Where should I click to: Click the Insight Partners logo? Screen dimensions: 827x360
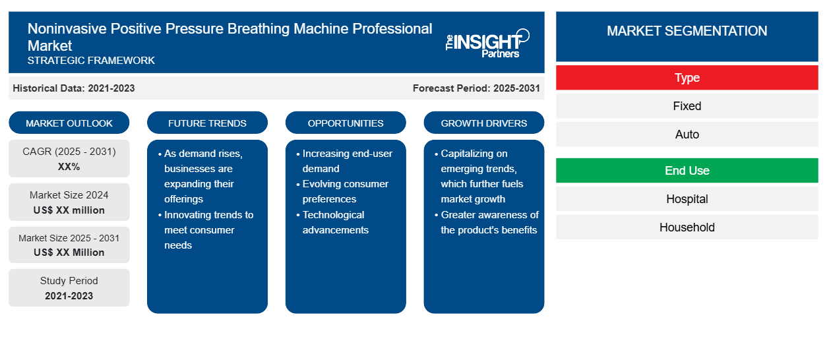coord(487,44)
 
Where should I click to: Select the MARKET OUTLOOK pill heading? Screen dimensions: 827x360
coord(69,123)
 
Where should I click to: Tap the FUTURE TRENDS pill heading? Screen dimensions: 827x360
coord(207,123)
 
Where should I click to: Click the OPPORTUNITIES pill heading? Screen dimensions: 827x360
coord(346,123)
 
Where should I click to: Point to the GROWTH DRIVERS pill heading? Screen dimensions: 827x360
coord(483,123)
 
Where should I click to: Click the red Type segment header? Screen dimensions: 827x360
coord(687,78)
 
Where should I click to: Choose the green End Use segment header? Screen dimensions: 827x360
coord(687,170)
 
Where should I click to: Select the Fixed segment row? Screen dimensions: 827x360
coord(687,106)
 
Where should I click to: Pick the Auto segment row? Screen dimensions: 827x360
coord(687,134)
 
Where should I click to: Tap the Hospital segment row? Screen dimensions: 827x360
coord(687,199)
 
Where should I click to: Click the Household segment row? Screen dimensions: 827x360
coord(687,227)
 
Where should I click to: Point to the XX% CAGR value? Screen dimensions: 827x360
coord(69,167)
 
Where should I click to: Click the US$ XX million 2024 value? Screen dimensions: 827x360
coord(69,210)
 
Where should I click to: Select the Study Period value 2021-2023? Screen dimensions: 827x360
coord(69,296)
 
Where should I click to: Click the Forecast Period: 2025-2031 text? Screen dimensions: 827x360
coord(476,88)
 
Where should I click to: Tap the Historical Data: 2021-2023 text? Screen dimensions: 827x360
coord(74,88)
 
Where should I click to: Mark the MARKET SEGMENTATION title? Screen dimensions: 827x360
coord(687,30)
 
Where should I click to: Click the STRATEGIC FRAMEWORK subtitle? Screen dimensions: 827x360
coord(91,60)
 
